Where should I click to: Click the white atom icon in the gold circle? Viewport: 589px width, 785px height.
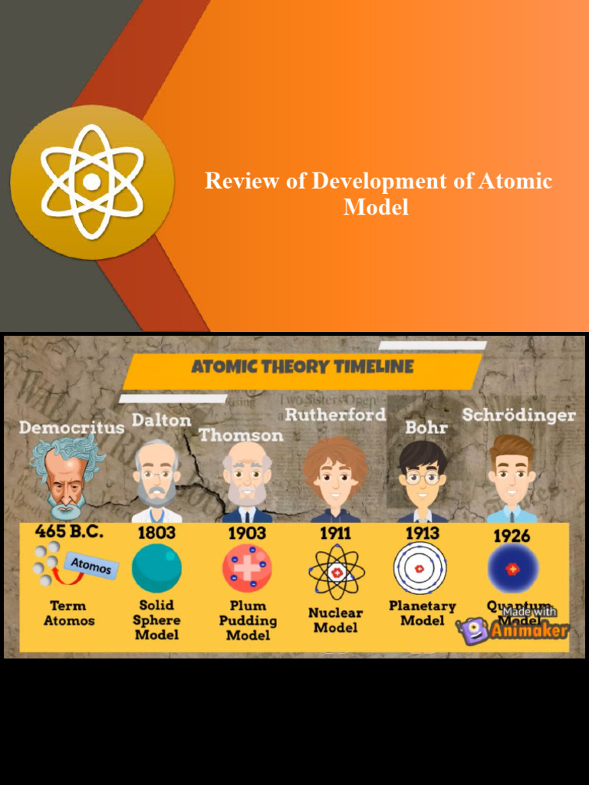pos(91,182)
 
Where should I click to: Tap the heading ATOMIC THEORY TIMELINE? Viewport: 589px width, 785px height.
pos(302,366)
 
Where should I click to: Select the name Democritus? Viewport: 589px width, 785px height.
pos(71,427)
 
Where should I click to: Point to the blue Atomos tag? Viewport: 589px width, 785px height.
pos(91,567)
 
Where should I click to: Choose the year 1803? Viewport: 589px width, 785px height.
pos(156,532)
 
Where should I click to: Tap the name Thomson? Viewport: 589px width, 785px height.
pos(241,435)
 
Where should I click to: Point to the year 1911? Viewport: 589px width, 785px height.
pos(336,533)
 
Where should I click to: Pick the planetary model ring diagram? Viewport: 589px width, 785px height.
pos(420,568)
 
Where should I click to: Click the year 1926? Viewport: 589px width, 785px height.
pos(512,535)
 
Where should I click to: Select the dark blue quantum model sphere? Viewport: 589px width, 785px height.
pos(512,570)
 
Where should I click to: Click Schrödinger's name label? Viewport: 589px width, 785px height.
pos(518,415)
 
